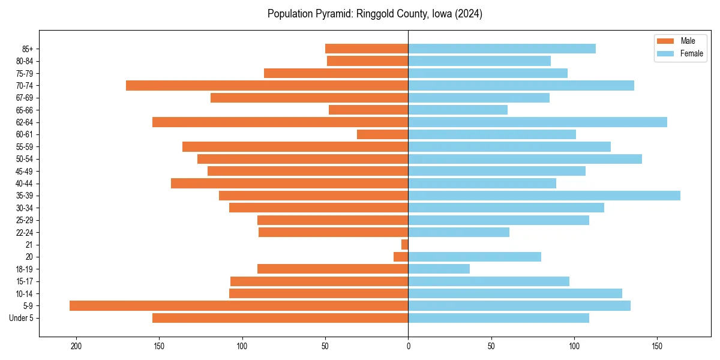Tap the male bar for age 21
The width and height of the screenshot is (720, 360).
405,244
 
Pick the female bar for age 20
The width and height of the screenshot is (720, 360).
475,257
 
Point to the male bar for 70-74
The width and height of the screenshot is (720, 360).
267,85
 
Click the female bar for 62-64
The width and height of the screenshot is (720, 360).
538,122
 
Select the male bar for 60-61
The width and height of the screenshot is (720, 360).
383,134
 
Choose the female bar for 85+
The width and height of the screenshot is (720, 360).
502,49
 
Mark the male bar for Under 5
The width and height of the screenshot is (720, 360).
280,318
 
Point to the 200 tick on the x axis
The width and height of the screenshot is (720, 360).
76,346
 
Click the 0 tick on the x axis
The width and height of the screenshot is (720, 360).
408,346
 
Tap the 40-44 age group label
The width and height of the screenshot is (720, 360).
24,184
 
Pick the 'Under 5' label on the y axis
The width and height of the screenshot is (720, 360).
22,318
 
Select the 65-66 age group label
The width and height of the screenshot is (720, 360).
24,110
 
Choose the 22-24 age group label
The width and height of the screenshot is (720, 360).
24,232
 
